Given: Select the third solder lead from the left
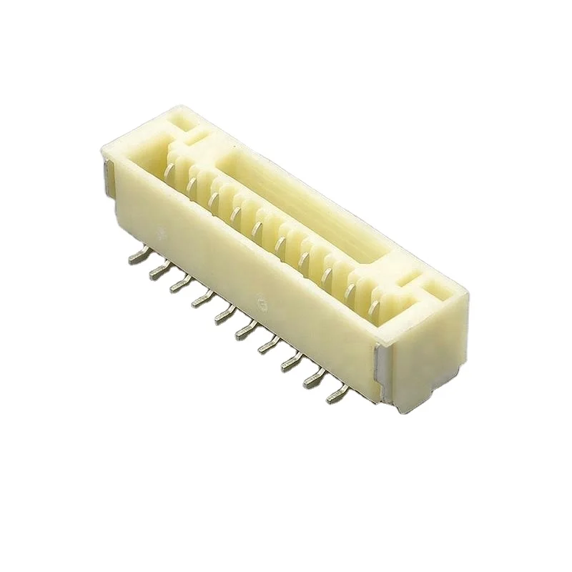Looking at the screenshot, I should point(177,286).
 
